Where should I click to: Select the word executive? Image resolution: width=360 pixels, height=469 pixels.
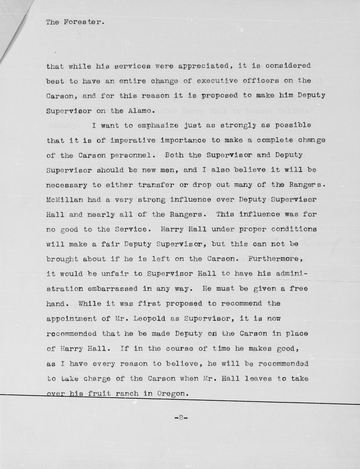point(217,81)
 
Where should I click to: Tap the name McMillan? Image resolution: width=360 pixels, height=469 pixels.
point(65,200)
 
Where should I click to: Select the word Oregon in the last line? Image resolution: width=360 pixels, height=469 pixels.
point(173,394)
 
